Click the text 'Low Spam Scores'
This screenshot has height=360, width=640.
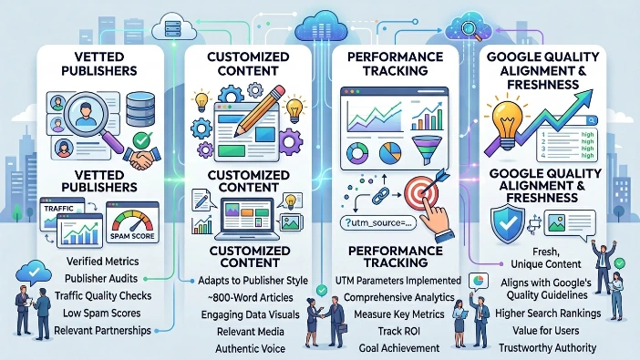click(x=102, y=314)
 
